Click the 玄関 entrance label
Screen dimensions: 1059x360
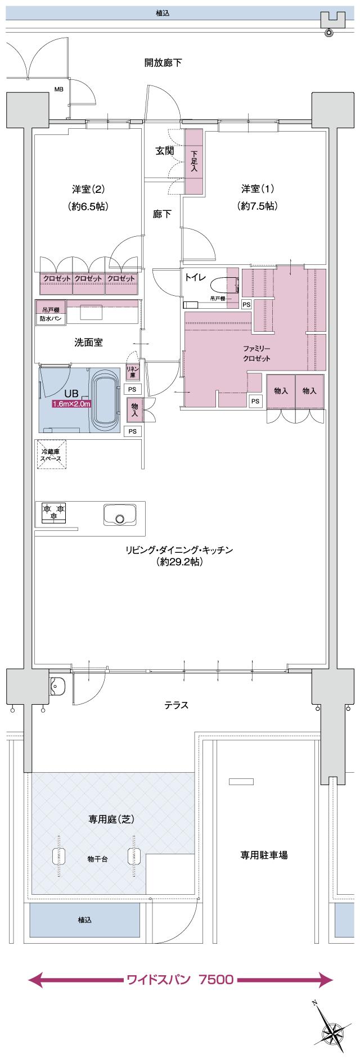(164, 151)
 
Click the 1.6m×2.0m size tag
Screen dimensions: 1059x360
(72, 404)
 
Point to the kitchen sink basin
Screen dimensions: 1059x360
(119, 514)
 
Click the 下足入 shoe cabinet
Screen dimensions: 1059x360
(194, 161)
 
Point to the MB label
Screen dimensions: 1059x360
(58, 89)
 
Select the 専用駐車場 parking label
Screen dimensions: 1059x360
(264, 855)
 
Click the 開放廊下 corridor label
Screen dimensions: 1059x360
(163, 62)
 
